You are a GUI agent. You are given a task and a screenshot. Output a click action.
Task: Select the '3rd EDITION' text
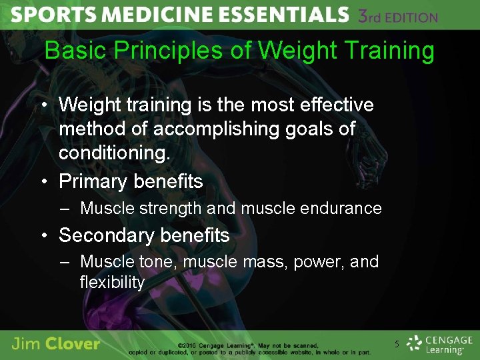click(398, 16)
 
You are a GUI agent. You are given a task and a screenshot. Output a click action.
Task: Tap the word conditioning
click(115, 153)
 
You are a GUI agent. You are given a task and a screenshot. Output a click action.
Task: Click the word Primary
click(93, 181)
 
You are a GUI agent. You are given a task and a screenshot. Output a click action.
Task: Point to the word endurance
click(345, 209)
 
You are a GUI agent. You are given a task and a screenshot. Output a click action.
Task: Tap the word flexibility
click(112, 282)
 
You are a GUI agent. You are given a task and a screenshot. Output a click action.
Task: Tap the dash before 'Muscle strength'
click(64, 209)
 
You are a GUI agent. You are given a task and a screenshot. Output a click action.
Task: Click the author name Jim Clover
click(56, 344)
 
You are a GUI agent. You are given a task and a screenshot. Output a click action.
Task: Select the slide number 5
click(397, 345)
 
